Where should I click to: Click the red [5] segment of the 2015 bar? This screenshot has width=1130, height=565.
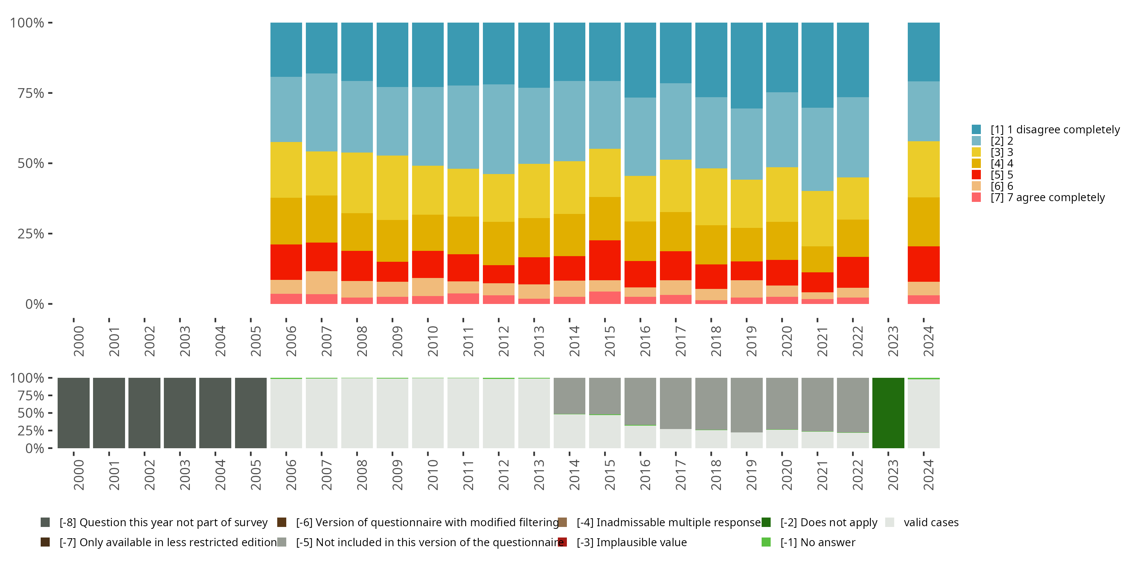[605, 260]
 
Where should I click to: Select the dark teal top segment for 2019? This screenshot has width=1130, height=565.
[746, 66]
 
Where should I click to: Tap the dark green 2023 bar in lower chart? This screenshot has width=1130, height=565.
[888, 413]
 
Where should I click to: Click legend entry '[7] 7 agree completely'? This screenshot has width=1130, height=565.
[1047, 197]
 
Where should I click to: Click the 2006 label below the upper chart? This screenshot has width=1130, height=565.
[291, 341]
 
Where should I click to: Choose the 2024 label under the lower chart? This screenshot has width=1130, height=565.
[928, 475]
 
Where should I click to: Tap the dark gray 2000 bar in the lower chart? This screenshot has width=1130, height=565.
[73, 413]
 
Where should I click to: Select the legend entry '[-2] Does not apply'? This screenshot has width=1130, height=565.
[828, 522]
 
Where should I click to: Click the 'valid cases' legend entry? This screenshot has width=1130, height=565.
[930, 522]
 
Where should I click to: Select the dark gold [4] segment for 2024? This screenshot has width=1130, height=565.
[923, 221]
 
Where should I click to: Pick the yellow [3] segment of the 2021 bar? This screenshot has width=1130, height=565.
[817, 218]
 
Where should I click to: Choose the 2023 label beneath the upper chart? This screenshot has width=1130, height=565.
[893, 341]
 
